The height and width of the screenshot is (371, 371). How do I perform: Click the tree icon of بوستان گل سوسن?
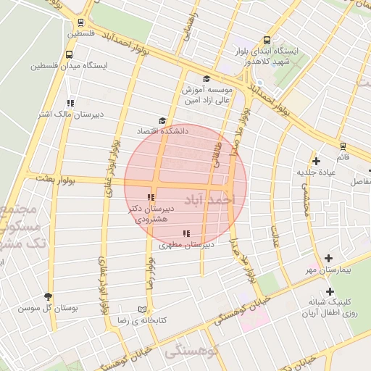49,296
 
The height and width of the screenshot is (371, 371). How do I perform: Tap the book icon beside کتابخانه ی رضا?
142,308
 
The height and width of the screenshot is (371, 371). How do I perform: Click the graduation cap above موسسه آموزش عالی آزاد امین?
207,79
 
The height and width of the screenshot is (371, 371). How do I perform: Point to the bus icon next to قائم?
343,146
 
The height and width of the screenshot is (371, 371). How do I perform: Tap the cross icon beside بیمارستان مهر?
329,258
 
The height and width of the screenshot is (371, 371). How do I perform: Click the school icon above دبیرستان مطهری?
186,233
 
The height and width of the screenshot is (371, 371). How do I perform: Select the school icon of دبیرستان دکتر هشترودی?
151,197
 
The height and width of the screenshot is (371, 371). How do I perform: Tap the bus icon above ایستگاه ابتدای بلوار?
267,41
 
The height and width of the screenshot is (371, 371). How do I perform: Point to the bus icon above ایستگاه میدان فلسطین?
70,54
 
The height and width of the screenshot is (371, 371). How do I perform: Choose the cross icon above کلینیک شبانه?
330,291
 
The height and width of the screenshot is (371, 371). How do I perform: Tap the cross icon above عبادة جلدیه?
315,161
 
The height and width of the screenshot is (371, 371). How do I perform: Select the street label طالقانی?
217,151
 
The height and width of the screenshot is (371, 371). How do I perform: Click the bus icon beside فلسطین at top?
80,22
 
